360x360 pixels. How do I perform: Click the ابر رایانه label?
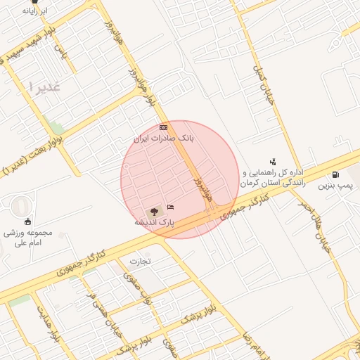pyautogui.click(x=34, y=12)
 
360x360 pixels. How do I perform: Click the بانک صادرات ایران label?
pyautogui.click(x=163, y=139)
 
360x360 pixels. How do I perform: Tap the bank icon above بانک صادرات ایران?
pyautogui.click(x=163, y=127)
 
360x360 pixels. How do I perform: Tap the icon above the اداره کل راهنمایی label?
pyautogui.click(x=273, y=162)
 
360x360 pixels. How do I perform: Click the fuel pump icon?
pyautogui.click(x=334, y=174)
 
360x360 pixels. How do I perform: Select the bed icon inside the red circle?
pyautogui.click(x=171, y=207)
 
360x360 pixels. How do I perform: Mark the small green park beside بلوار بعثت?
pyautogui.click(x=56, y=128)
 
